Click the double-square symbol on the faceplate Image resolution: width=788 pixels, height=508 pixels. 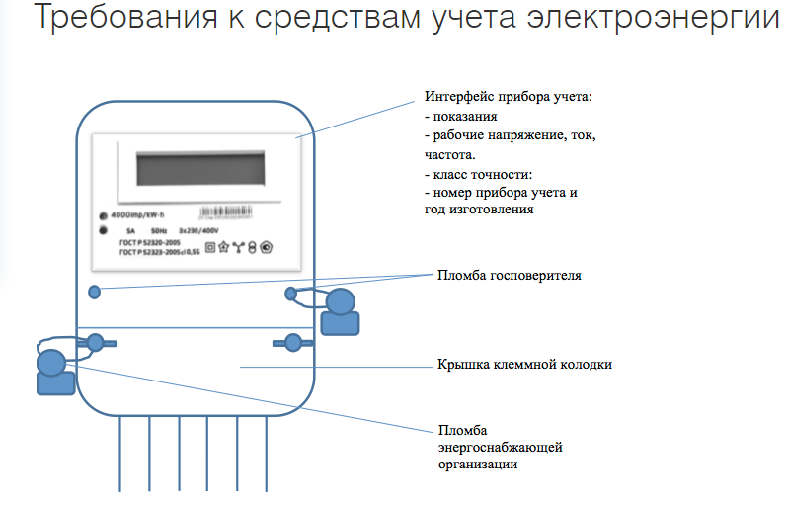(209, 247)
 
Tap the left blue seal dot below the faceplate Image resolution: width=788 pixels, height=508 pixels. (95, 293)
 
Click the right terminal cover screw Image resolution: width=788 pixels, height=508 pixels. (292, 343)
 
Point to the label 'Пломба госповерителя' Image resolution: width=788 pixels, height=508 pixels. (509, 276)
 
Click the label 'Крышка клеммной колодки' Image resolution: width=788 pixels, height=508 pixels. (524, 365)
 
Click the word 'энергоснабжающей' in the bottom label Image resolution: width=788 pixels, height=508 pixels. (500, 448)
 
